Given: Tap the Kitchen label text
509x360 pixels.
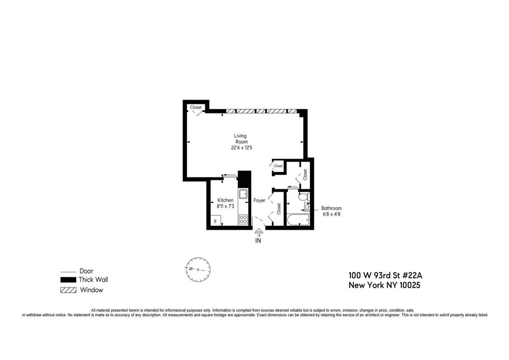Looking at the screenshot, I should click(x=225, y=200).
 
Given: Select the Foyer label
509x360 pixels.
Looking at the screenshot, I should click(x=259, y=200).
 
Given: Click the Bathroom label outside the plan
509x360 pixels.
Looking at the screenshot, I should click(x=331, y=208).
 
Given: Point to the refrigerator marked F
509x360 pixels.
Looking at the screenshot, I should click(x=215, y=221).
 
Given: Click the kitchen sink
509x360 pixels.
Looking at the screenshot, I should click(x=243, y=194).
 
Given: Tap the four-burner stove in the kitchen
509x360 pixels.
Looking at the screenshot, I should click(x=243, y=219).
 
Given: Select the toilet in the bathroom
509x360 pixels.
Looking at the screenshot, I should click(x=303, y=197).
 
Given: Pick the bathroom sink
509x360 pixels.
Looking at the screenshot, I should click(x=307, y=207).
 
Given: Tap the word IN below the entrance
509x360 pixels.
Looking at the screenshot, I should click(x=258, y=241).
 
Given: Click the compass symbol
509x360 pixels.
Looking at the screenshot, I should click(x=198, y=270).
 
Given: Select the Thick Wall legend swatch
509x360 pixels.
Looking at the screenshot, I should click(x=68, y=280).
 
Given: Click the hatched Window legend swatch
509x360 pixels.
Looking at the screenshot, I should click(x=68, y=290).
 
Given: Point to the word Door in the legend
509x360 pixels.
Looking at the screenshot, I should click(x=86, y=271).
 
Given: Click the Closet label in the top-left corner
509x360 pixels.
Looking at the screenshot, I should click(x=196, y=107).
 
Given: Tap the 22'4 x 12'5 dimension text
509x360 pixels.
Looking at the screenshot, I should click(x=240, y=148).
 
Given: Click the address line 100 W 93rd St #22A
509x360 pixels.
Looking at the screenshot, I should click(x=385, y=275).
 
